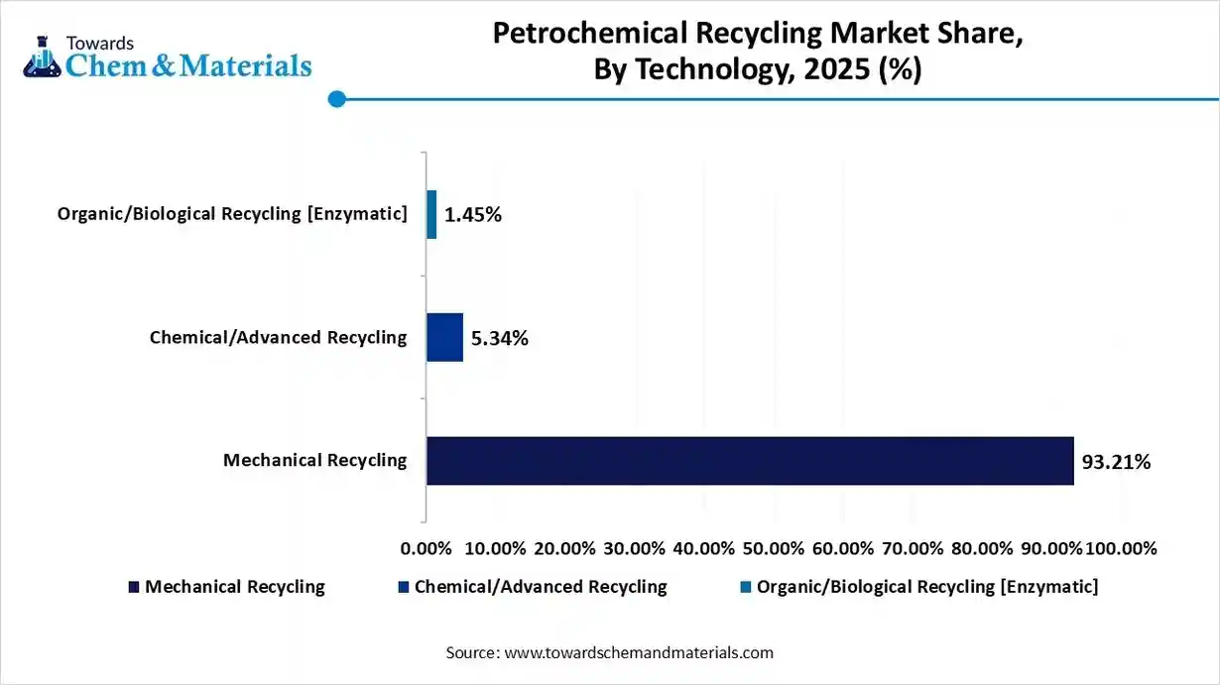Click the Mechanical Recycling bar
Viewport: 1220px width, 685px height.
(x=750, y=461)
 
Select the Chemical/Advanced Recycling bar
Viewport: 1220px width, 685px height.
(x=444, y=338)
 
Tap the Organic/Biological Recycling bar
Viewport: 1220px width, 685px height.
(x=431, y=215)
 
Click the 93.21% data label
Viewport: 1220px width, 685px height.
(x=1116, y=461)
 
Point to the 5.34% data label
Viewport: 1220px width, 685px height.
(x=500, y=339)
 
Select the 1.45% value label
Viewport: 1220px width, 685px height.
(x=473, y=215)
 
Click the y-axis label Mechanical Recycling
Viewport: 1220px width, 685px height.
(x=314, y=460)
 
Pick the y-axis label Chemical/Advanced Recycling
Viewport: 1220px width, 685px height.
(x=278, y=337)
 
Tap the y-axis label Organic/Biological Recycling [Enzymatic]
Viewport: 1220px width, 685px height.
(x=232, y=214)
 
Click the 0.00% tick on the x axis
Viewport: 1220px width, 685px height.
(x=426, y=548)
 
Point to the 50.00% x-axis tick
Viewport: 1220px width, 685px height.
(x=773, y=548)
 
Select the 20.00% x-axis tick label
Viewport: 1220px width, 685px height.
(x=564, y=548)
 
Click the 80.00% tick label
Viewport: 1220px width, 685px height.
(x=981, y=548)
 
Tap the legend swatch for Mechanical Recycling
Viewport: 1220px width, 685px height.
(x=134, y=587)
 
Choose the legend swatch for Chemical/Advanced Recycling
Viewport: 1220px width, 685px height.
(x=403, y=587)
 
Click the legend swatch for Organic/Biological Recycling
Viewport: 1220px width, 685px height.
(x=745, y=587)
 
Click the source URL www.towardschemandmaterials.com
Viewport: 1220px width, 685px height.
(x=639, y=652)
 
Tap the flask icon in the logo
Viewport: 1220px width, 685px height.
(x=43, y=57)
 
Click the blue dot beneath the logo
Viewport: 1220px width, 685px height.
(x=336, y=99)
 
